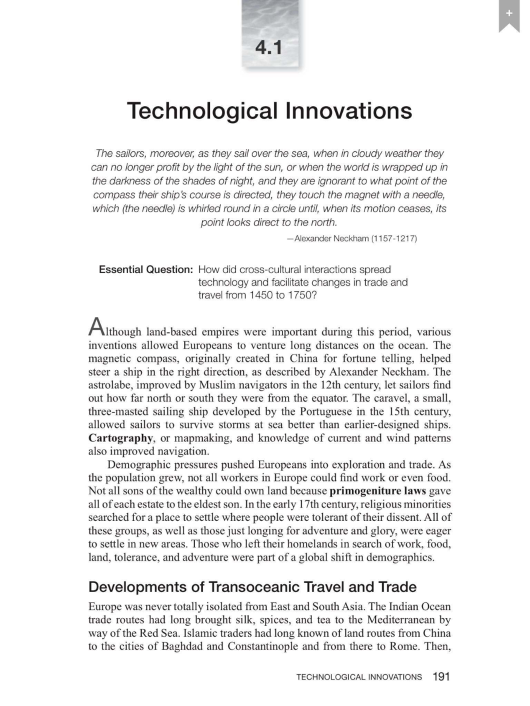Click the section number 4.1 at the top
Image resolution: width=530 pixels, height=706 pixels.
(269, 47)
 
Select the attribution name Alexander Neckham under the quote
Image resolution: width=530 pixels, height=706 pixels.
(331, 239)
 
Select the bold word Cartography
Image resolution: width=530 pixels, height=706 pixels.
(121, 438)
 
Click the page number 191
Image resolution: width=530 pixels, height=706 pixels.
(441, 676)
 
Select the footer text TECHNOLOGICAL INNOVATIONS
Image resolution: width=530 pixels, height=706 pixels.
(359, 677)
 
